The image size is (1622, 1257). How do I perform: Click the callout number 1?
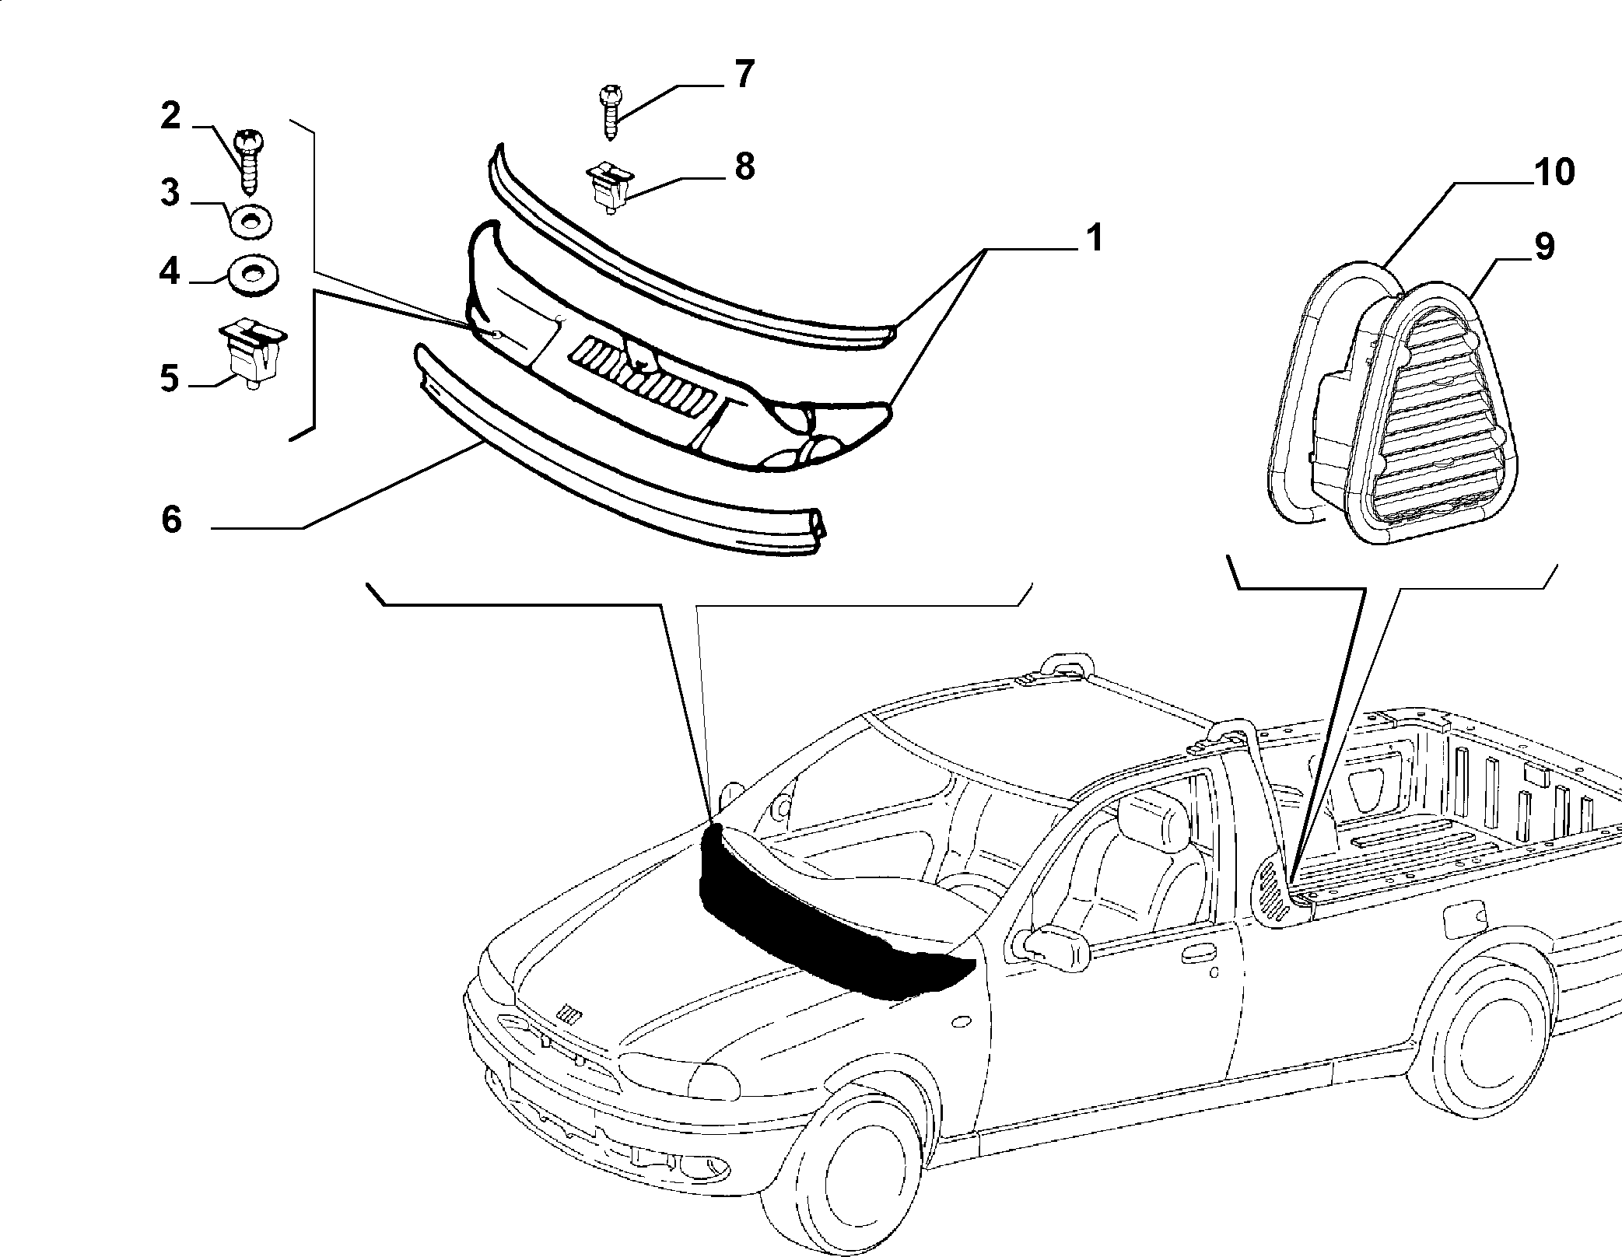(x=1094, y=237)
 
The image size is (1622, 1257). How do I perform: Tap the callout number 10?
(x=1554, y=173)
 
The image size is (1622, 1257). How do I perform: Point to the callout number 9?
(x=1543, y=247)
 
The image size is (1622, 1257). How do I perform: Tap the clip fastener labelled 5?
(x=250, y=352)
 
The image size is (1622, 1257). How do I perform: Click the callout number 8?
(x=744, y=166)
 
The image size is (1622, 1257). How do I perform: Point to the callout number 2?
(x=170, y=117)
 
